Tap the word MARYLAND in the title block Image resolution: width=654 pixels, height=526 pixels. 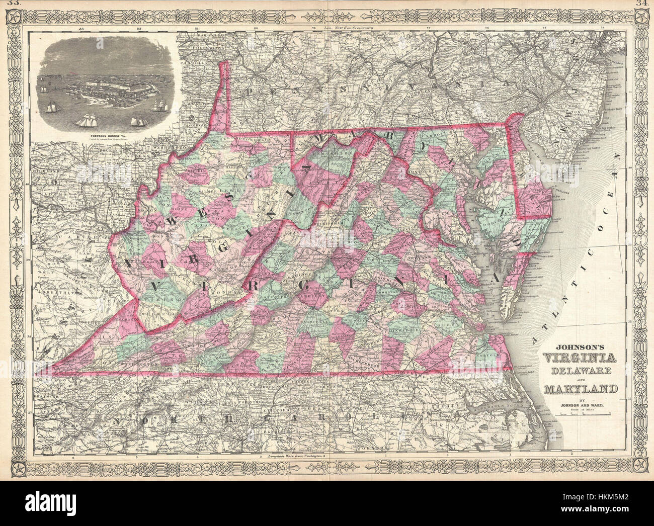click(575, 389)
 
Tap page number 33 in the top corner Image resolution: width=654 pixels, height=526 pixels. click(7, 4)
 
